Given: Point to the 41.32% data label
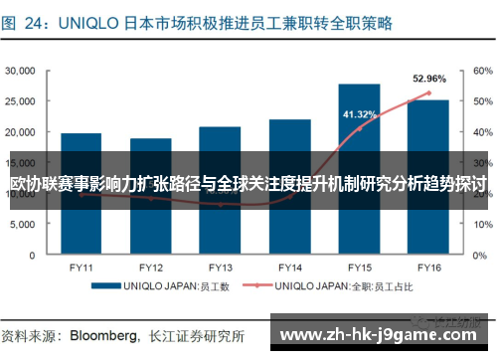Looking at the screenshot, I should (x=359, y=115).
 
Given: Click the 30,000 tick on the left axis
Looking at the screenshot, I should (x=21, y=71).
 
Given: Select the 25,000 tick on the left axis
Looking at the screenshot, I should (x=21, y=101).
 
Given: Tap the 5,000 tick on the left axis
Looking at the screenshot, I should (x=24, y=225).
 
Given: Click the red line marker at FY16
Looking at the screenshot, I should (x=428, y=93).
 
